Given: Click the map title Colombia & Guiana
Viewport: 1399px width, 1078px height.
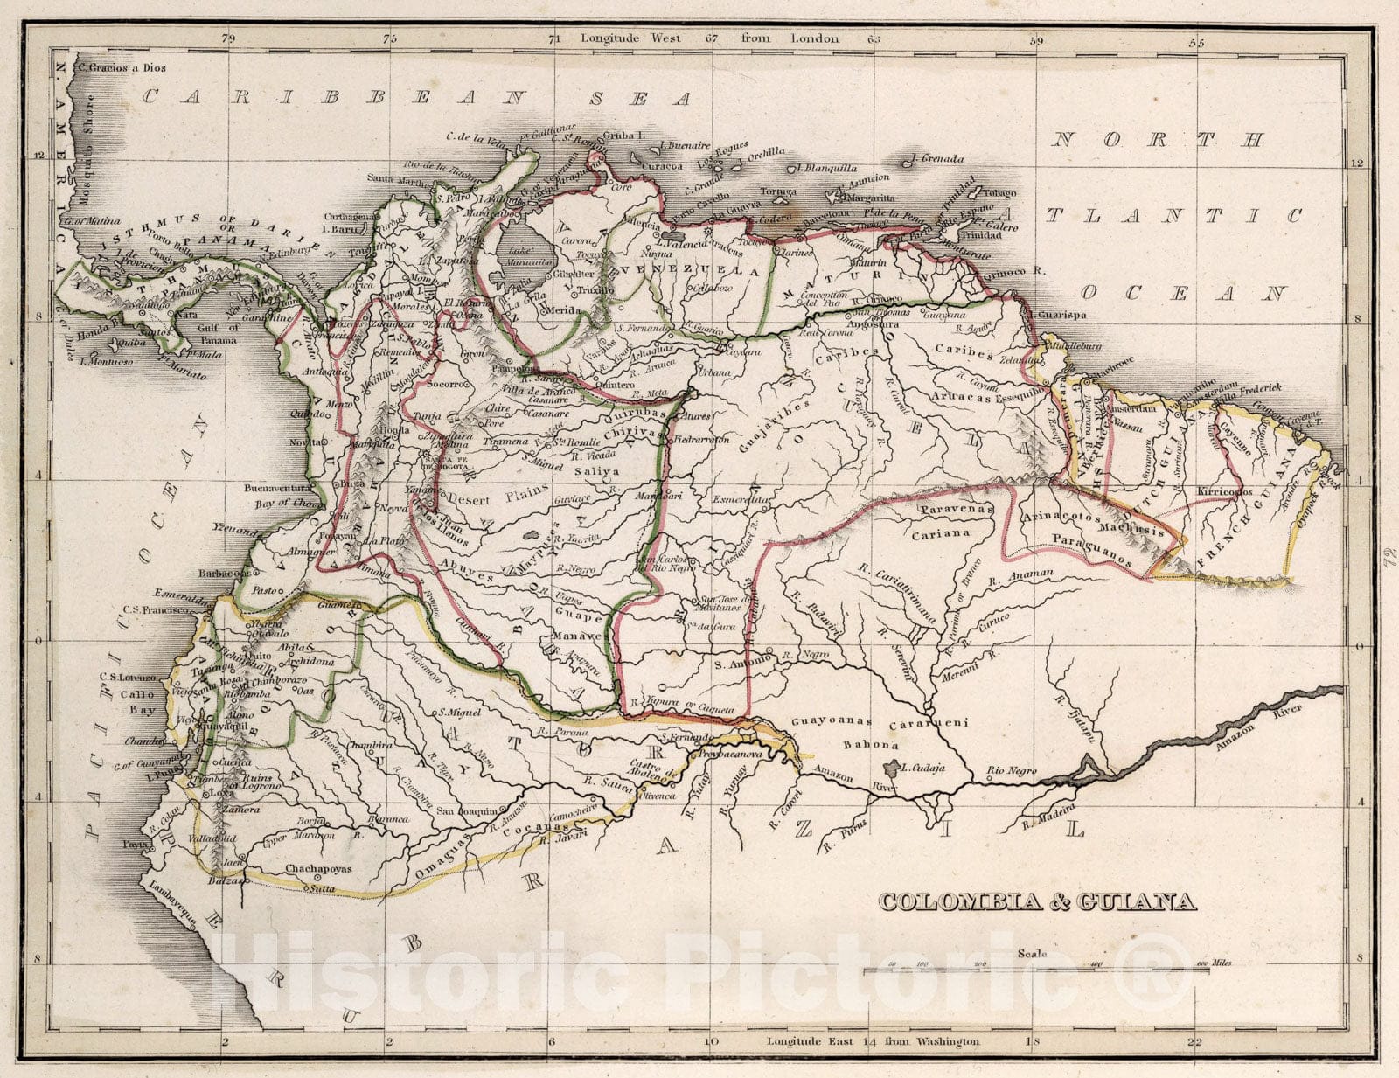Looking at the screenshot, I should (1036, 901).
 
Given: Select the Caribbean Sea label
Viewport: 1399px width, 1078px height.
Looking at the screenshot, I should (416, 98).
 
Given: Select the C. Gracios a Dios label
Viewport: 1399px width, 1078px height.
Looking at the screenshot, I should (122, 67).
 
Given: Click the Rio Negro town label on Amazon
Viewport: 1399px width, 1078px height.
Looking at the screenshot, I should (1011, 771).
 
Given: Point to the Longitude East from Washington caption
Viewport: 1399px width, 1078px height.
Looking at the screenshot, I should (873, 1041).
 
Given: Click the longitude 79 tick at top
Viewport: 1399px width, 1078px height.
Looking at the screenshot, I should (228, 38).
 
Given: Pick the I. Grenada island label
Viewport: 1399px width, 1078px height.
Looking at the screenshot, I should (936, 159).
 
